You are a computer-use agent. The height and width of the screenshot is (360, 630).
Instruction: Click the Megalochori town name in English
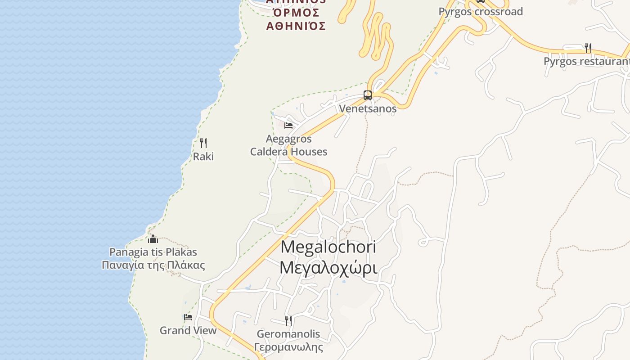point(328,247)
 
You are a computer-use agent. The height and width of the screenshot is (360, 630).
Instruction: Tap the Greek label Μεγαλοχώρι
point(328,267)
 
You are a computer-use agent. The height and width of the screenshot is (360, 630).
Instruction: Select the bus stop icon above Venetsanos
point(368,95)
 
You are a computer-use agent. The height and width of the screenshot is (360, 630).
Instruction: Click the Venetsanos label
point(368,108)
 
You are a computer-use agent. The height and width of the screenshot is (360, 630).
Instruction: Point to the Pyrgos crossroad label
point(481,12)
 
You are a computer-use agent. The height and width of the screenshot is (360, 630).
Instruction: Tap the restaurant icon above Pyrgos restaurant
point(588,48)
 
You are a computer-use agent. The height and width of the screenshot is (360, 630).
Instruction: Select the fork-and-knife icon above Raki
point(203,143)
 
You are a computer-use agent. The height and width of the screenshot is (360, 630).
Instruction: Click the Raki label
point(203,157)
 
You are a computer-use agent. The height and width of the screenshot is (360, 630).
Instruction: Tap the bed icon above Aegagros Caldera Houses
point(288,125)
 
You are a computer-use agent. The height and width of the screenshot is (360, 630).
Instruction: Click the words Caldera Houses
point(288,152)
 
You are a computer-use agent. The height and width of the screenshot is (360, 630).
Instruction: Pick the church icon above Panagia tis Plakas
point(153,239)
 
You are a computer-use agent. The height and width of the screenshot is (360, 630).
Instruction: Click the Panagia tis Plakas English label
point(153,252)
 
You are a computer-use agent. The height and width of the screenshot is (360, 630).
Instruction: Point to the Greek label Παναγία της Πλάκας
point(153,265)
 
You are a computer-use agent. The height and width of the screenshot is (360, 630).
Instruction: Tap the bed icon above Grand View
point(188,317)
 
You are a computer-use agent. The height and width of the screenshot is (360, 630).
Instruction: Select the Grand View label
point(188,330)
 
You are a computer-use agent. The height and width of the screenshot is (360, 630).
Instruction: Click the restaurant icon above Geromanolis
point(288,320)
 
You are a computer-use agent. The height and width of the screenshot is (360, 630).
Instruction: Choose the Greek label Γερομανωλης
point(288,347)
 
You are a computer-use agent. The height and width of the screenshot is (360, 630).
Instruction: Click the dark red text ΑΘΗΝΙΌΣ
point(296,26)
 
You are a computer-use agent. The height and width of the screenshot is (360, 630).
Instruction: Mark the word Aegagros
point(288,139)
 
